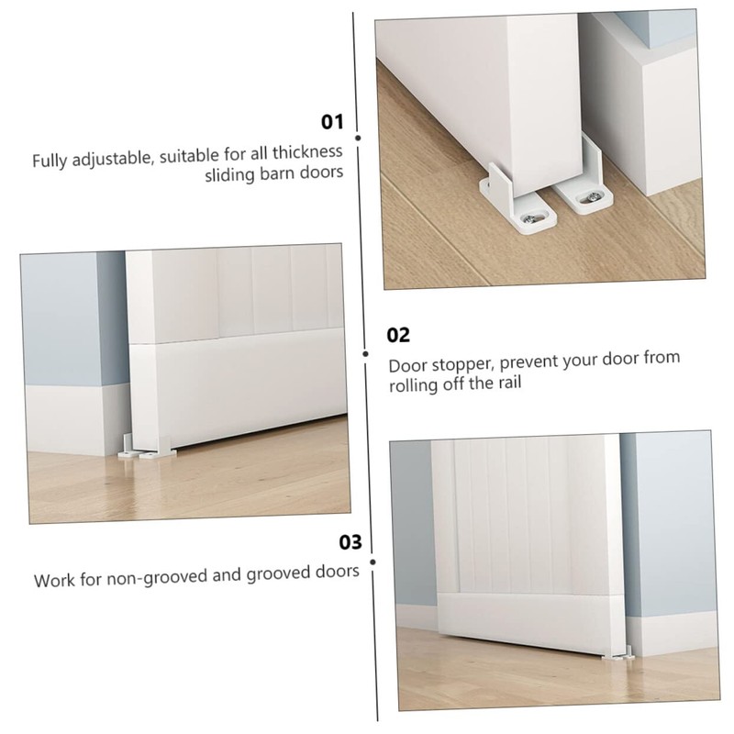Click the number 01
point(331,122)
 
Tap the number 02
point(399,335)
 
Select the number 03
point(351,542)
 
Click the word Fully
point(51,161)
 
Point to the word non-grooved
point(148,578)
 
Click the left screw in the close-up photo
point(533,218)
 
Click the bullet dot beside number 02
point(366,352)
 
